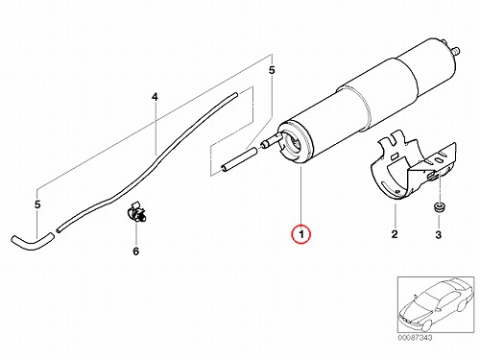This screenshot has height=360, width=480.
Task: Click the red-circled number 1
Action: click(300, 234)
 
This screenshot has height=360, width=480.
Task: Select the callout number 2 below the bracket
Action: click(395, 234)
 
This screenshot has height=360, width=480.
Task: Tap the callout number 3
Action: click(439, 234)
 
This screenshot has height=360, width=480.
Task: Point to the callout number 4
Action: click(155, 97)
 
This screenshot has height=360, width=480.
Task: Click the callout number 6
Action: click(136, 252)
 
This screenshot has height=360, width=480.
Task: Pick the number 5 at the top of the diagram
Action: click(272, 70)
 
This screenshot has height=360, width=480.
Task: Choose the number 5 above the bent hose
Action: click(37, 204)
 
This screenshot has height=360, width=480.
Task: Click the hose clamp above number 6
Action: click(136, 211)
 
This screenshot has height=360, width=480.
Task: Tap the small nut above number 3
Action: click(439, 207)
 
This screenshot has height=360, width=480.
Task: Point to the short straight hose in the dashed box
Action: click(239, 159)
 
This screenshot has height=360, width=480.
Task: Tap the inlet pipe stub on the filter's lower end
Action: click(272, 140)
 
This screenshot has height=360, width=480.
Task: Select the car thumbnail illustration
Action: click(436, 304)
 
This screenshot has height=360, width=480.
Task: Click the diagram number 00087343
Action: click(415, 338)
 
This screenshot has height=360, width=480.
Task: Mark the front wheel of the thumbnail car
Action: click(426, 324)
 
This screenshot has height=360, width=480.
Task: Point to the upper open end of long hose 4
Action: click(234, 95)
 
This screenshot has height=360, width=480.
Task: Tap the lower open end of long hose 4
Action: click(59, 230)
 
